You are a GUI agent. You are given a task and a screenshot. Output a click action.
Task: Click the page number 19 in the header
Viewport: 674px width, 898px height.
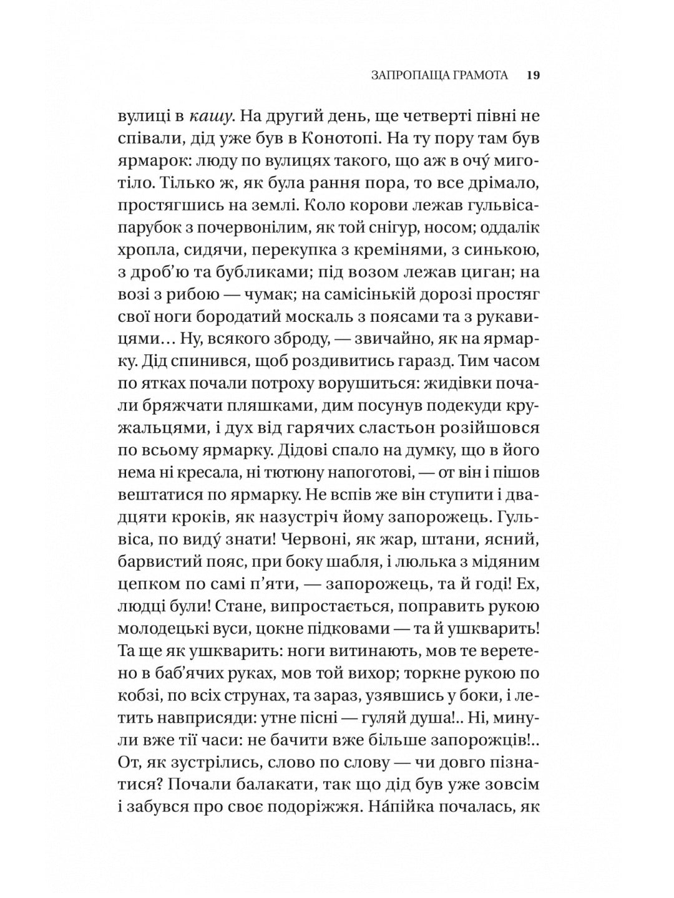point(533,75)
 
